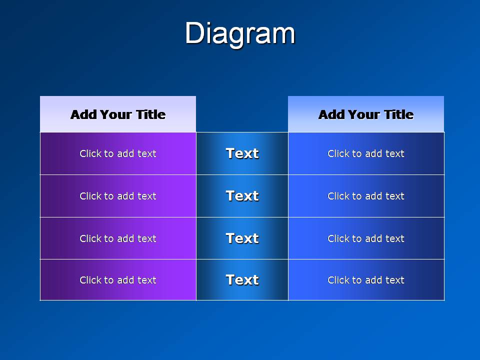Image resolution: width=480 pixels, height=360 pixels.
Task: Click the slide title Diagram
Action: (x=240, y=33)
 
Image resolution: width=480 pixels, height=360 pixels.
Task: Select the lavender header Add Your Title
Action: (x=118, y=114)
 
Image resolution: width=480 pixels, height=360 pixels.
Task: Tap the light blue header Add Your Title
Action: (x=366, y=114)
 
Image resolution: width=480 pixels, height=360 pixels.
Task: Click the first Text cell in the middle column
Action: (x=242, y=153)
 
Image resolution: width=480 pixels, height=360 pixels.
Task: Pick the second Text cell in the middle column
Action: (x=242, y=196)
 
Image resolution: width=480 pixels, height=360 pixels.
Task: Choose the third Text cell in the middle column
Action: (x=242, y=238)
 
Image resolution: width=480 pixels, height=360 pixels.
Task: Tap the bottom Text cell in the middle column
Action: (x=242, y=280)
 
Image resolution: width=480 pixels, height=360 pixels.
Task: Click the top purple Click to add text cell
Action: (x=118, y=153)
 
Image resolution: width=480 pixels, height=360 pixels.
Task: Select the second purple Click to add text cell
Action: (x=118, y=196)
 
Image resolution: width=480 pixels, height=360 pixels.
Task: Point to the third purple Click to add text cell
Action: (x=118, y=238)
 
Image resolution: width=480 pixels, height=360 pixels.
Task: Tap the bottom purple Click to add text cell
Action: (x=118, y=280)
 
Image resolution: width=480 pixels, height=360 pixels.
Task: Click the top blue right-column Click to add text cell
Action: (x=366, y=153)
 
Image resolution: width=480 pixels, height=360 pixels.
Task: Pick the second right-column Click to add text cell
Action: (x=366, y=196)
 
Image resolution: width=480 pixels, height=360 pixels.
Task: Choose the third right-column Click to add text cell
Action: (x=366, y=238)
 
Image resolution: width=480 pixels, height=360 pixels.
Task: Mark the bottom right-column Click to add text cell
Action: (x=366, y=280)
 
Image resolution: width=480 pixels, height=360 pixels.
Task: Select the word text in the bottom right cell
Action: (x=395, y=280)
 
